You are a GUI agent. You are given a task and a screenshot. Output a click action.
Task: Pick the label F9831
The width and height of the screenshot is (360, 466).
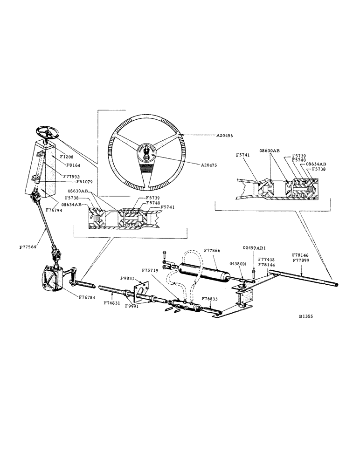coord(127,278)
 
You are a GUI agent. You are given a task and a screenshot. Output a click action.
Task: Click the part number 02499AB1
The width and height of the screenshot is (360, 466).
coord(255,248)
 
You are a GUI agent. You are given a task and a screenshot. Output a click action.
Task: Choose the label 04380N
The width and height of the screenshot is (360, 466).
coord(237,263)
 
